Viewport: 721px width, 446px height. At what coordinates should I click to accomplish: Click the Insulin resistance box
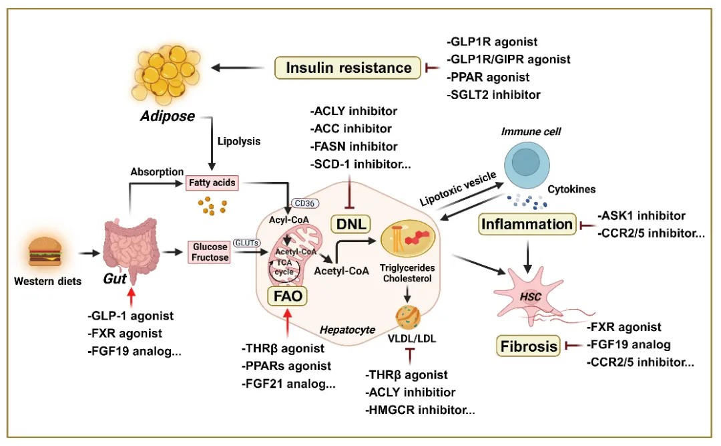point(348,68)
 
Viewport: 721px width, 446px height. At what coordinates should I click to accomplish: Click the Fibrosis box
point(527,346)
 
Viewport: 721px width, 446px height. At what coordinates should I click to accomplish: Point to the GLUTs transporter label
point(246,244)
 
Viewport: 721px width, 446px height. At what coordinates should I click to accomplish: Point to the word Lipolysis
point(238,142)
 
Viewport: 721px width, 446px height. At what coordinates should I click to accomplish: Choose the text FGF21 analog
point(292,384)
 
